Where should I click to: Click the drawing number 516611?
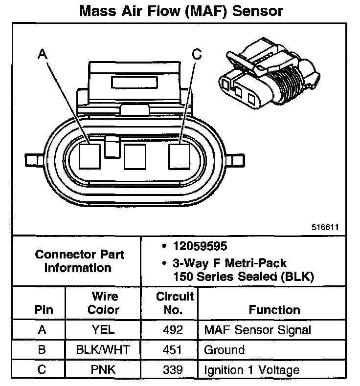click(326, 228)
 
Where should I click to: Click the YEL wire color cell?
click(103, 330)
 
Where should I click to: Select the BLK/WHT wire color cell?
click(103, 350)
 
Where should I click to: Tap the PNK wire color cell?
click(103, 370)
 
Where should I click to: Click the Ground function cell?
click(224, 350)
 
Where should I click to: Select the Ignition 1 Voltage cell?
click(251, 370)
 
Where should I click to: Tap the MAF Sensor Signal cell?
click(257, 330)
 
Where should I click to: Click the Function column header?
click(274, 310)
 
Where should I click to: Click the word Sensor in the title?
click(258, 11)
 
